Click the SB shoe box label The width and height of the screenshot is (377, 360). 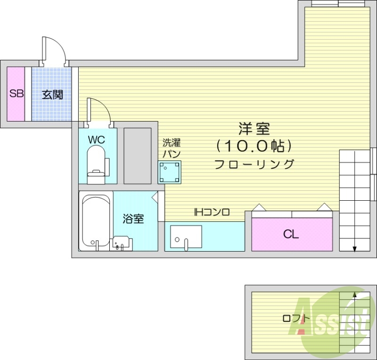pyautogui.click(x=16, y=93)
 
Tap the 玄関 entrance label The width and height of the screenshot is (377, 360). pyautogui.click(x=52, y=95)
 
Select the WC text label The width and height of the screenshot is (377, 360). pyautogui.click(x=97, y=139)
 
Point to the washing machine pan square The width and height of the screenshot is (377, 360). pyautogui.click(x=170, y=172)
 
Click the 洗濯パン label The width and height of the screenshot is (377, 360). pyautogui.click(x=172, y=148)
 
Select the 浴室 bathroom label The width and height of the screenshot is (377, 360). pyautogui.click(x=133, y=219)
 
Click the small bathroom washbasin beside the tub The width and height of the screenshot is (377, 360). pyautogui.click(x=121, y=244)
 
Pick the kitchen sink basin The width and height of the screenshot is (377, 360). pyautogui.click(x=186, y=237)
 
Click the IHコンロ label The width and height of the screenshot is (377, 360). pyautogui.click(x=212, y=212)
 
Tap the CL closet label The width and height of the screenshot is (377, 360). pyautogui.click(x=291, y=234)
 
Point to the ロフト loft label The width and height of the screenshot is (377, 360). pyautogui.click(x=296, y=319)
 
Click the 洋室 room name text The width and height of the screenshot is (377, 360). pyautogui.click(x=254, y=129)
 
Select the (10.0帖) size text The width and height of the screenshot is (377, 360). pyautogui.click(x=254, y=146)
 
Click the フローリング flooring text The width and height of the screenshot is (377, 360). pyautogui.click(x=254, y=164)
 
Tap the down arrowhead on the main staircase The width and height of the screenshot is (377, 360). pyautogui.click(x=355, y=249)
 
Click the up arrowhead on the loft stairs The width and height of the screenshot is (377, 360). pyautogui.click(x=354, y=294)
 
